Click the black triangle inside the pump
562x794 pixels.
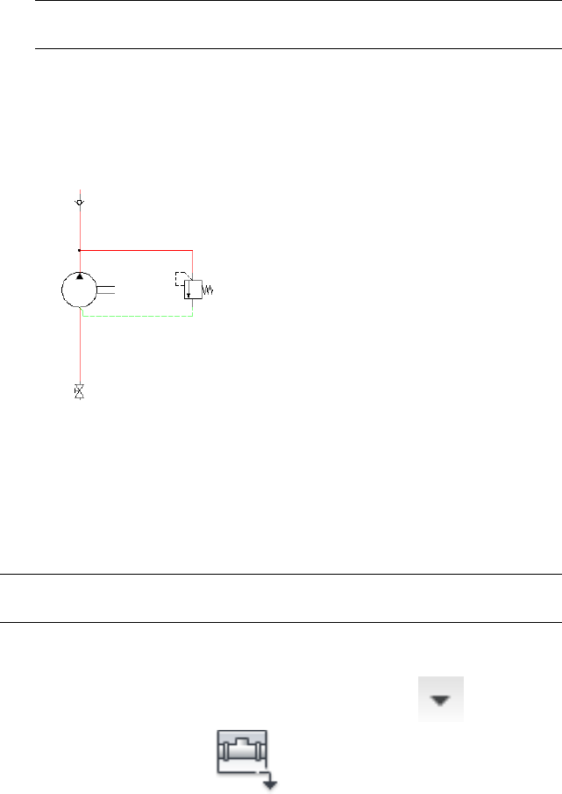tap(80, 276)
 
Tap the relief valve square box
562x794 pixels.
tap(193, 290)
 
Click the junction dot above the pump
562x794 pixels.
tap(80, 250)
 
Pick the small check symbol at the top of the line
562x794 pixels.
tap(80, 203)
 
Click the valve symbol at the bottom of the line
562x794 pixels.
tap(80, 391)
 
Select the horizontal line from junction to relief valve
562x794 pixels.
tap(136, 250)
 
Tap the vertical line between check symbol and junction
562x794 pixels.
tap(80, 226)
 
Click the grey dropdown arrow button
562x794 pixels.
tap(440, 699)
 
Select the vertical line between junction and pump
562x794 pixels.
tap(80, 261)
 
